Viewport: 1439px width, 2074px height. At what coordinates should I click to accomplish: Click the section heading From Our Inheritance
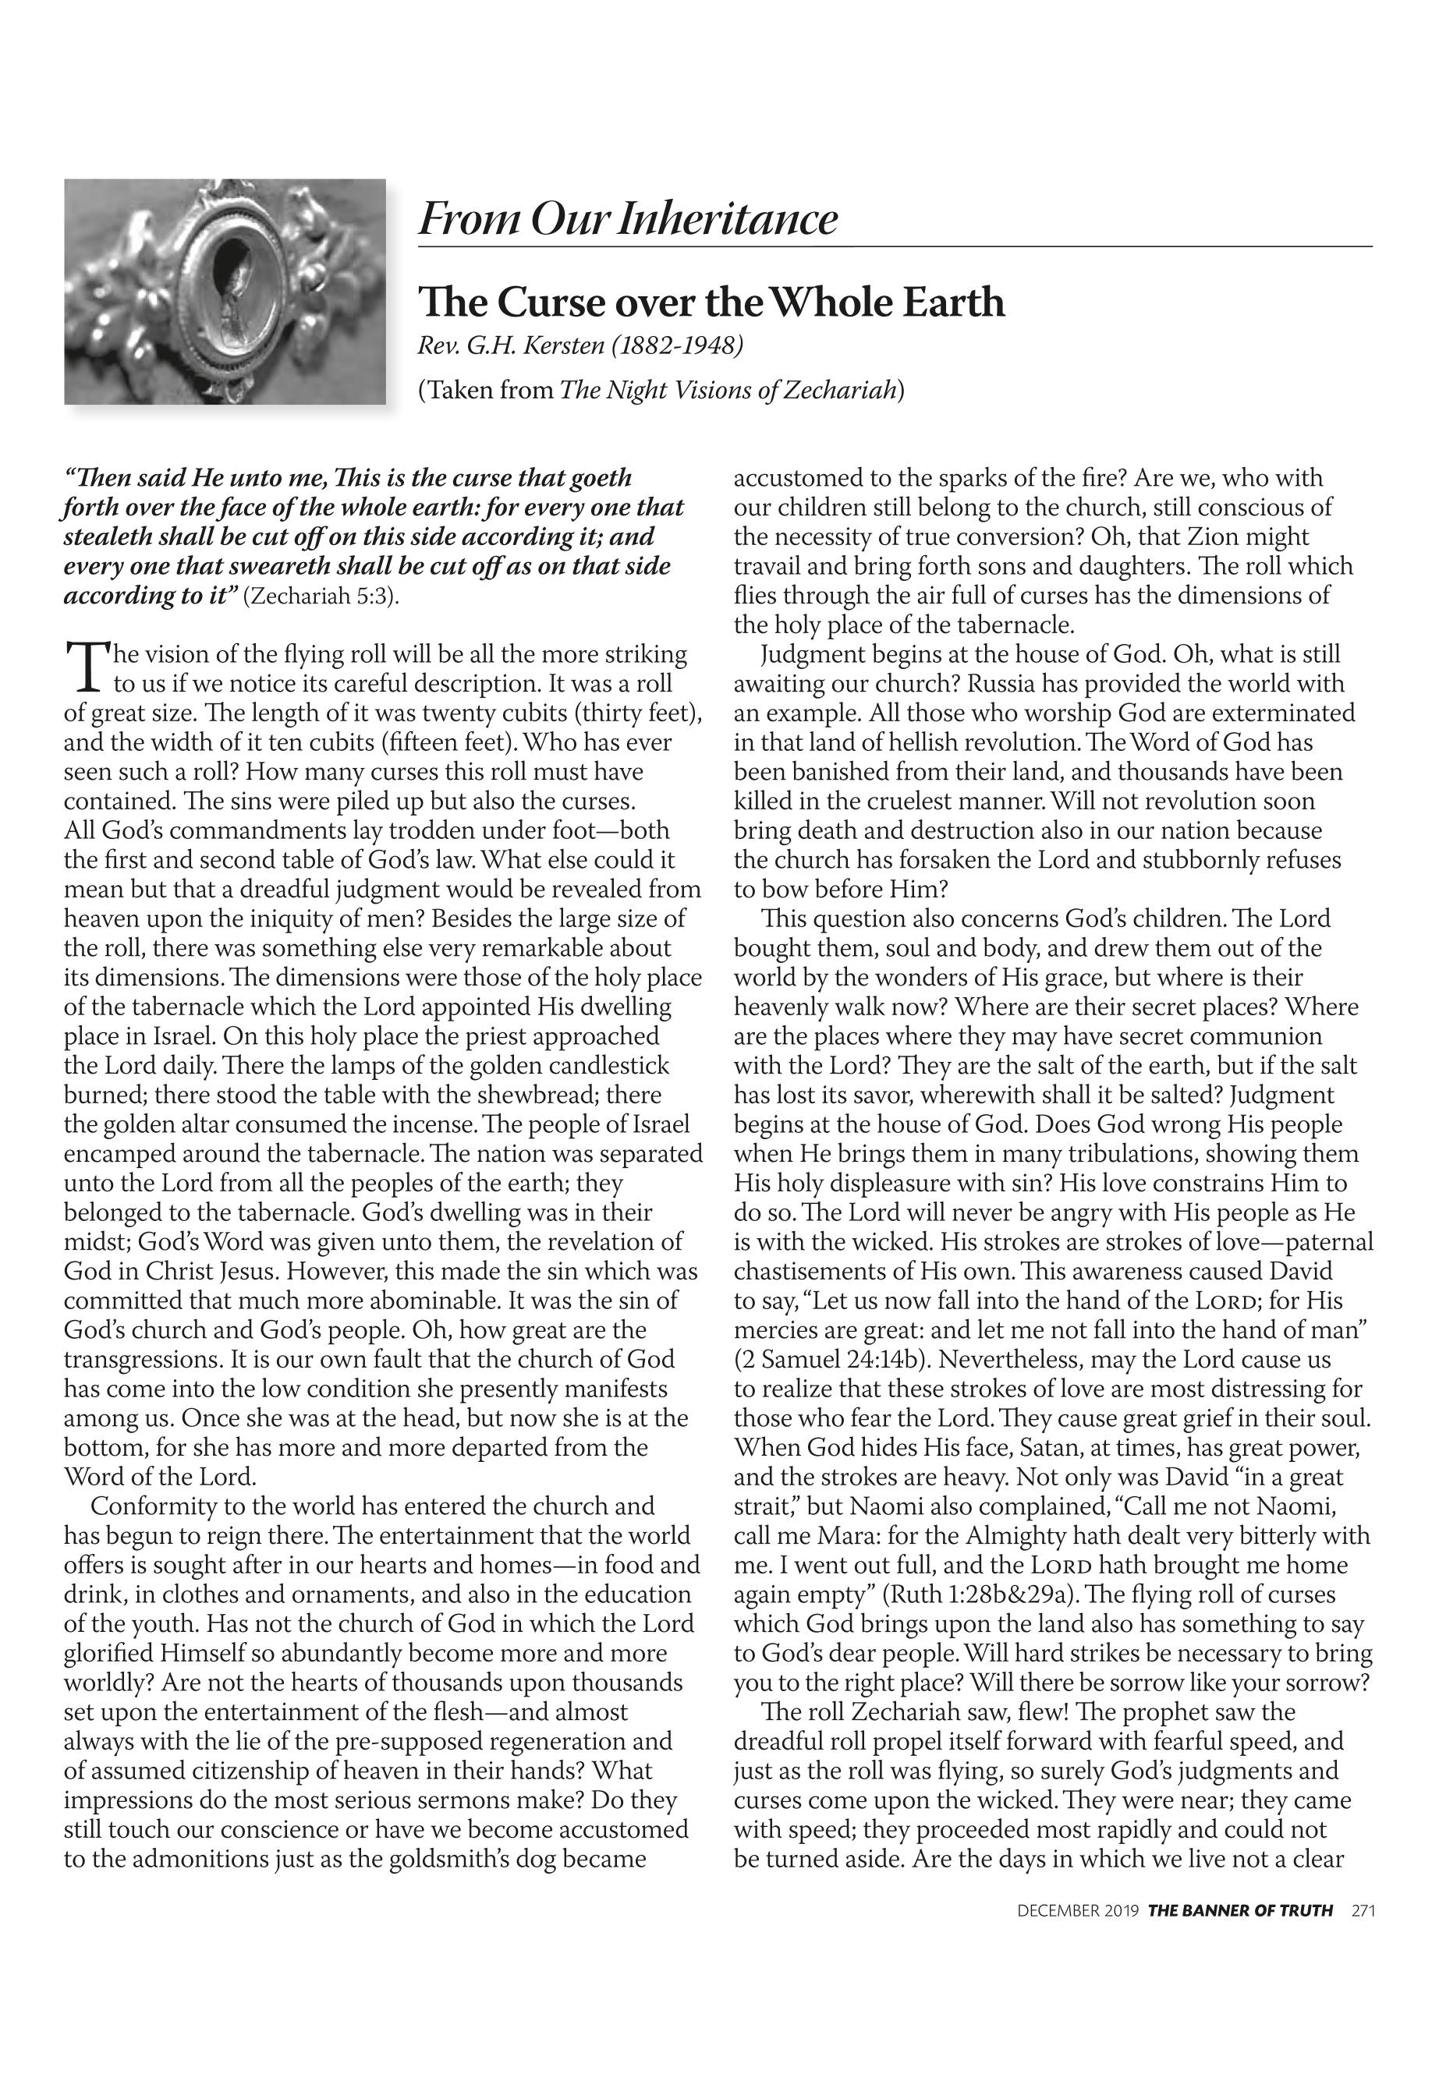point(628,219)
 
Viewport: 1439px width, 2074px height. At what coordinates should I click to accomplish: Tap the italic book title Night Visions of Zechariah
point(729,391)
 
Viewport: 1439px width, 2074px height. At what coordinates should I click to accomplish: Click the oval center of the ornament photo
point(228,288)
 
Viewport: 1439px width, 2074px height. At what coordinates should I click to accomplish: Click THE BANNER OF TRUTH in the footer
point(1240,1936)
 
